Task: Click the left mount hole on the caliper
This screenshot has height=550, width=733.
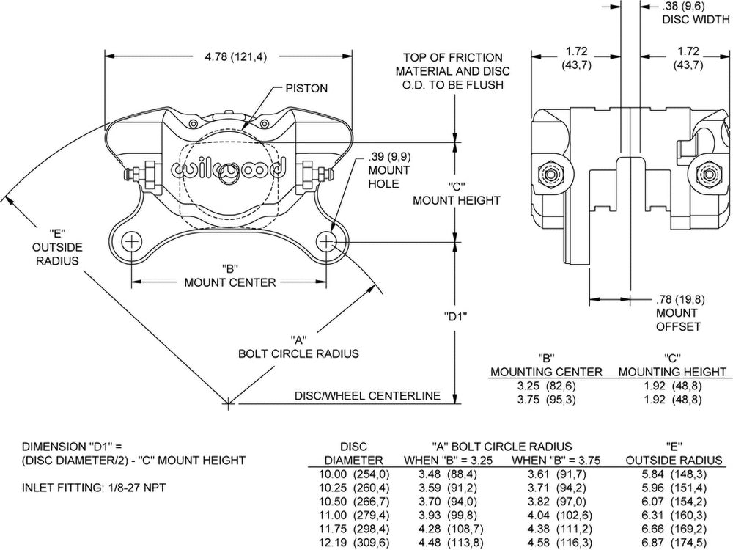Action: pos(133,241)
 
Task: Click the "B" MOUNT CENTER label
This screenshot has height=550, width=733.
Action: pos(229,276)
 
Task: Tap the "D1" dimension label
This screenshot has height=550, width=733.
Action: pos(456,317)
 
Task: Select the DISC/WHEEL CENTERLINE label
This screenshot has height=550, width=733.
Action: pos(367,396)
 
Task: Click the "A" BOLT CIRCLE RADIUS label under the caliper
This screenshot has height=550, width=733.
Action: pos(298,347)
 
